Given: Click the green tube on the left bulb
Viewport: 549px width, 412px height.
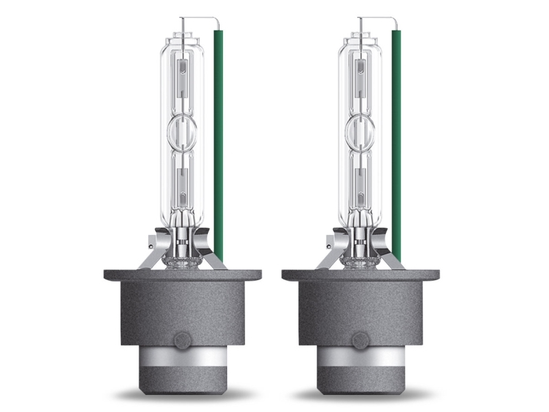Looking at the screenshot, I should click(220, 137).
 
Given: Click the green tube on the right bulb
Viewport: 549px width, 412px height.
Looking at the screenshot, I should click(397, 137).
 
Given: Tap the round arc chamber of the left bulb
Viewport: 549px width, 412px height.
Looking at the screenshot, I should click(183, 131).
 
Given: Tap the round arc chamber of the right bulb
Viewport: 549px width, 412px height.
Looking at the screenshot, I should click(361, 131).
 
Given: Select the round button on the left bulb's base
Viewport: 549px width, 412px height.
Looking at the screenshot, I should click(183, 340).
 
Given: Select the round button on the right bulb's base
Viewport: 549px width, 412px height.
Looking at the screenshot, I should click(360, 340).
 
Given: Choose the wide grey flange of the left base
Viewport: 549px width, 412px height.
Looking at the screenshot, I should click(183, 275).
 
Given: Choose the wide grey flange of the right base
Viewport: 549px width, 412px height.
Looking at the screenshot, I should click(360, 275).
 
